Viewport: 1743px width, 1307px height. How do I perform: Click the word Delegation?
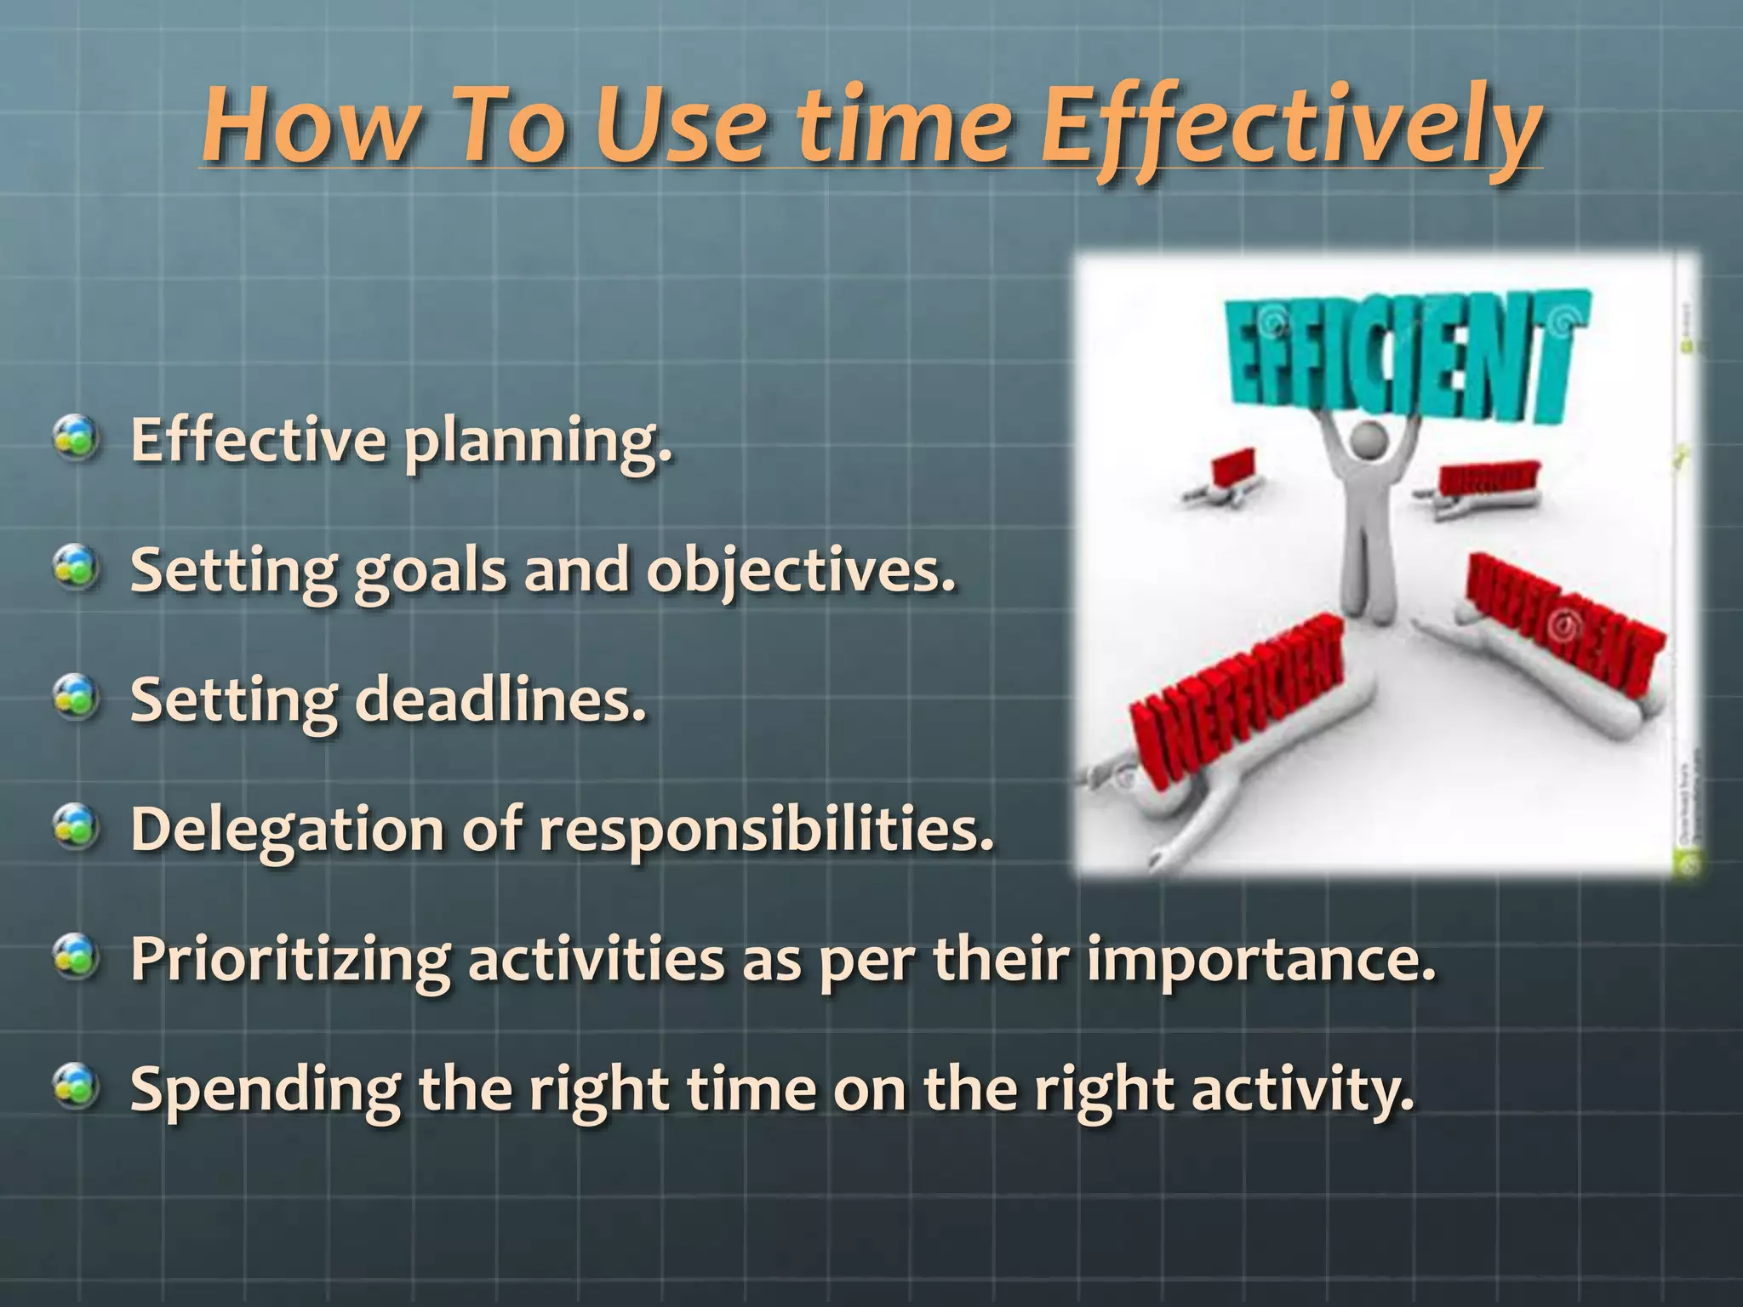(287, 830)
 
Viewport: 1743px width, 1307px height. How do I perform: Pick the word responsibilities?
(766, 830)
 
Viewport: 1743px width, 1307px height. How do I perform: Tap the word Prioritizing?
(289, 960)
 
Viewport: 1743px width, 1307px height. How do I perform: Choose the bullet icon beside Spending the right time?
(77, 1087)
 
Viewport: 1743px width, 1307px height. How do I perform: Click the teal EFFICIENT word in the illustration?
(1404, 357)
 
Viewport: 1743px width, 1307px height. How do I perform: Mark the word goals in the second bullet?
(430, 572)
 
